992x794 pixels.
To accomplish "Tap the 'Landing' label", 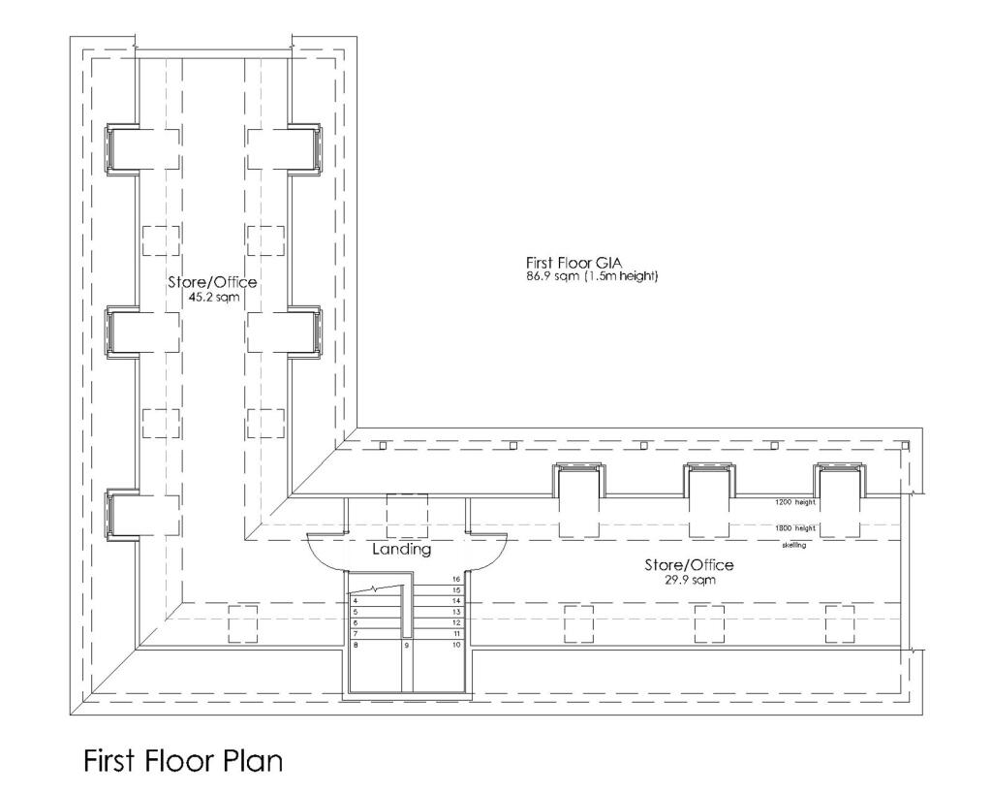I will pos(401,550).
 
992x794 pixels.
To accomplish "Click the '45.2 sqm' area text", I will pos(214,297).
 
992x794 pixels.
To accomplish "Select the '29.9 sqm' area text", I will pos(689,580).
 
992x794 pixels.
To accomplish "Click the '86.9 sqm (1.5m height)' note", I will pos(592,277).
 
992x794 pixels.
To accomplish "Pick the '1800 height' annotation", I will pos(794,527).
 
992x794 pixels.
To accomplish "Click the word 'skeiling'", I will pos(794,545).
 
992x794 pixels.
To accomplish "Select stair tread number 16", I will pos(454,580).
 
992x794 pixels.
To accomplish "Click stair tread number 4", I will pos(356,602).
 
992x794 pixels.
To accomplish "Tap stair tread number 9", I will pos(407,645).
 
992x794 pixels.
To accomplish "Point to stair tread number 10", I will pos(454,645).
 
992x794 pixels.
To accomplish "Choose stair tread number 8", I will pos(356,645).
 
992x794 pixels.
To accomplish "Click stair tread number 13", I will pos(454,613).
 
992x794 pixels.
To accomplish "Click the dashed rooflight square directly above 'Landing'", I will pos(407,513).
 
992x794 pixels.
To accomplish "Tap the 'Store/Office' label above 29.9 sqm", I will pos(689,564).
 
